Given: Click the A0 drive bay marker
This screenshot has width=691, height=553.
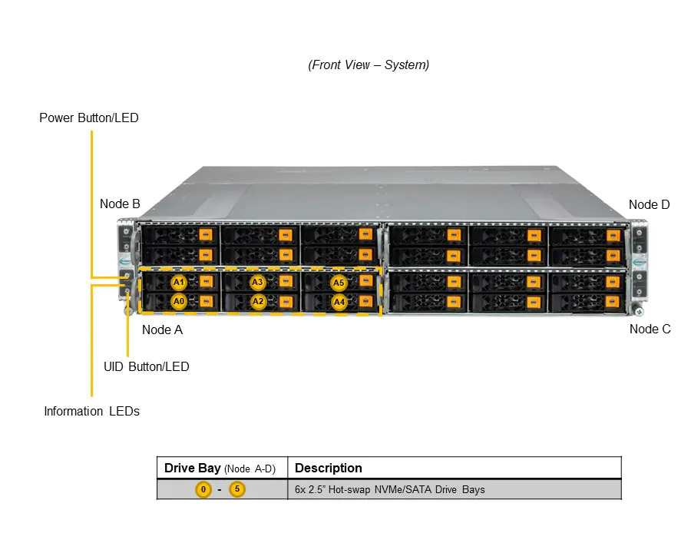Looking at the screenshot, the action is click(178, 301).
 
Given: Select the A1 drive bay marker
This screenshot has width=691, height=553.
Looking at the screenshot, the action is click(178, 282).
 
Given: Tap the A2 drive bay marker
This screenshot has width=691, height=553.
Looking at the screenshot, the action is click(258, 302).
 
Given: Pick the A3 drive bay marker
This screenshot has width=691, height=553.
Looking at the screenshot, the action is click(257, 282).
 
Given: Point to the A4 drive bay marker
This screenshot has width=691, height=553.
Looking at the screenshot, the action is click(339, 302).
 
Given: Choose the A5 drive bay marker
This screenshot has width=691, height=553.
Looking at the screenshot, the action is click(339, 283).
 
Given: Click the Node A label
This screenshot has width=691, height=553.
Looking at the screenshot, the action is click(162, 329).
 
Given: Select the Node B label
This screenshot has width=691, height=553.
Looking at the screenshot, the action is click(120, 204).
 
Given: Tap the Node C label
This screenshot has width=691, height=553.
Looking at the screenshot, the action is click(650, 329).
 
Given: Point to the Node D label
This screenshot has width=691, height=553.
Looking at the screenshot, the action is click(649, 204).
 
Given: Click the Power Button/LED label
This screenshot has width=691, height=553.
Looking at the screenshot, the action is click(89, 118).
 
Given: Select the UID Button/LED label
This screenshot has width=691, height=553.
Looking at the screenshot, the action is click(147, 366).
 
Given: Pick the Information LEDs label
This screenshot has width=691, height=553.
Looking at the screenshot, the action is click(91, 411).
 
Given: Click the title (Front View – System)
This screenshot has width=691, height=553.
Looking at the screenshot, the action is click(369, 65).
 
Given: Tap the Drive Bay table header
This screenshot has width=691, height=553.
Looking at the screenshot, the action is click(220, 468).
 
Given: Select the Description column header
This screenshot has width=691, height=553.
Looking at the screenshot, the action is click(329, 468).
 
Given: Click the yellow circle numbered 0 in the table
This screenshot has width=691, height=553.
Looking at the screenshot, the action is click(203, 489).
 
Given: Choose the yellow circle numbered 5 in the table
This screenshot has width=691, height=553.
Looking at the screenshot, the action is click(237, 489).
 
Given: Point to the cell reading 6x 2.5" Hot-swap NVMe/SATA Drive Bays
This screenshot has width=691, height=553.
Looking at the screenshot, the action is click(389, 489).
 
